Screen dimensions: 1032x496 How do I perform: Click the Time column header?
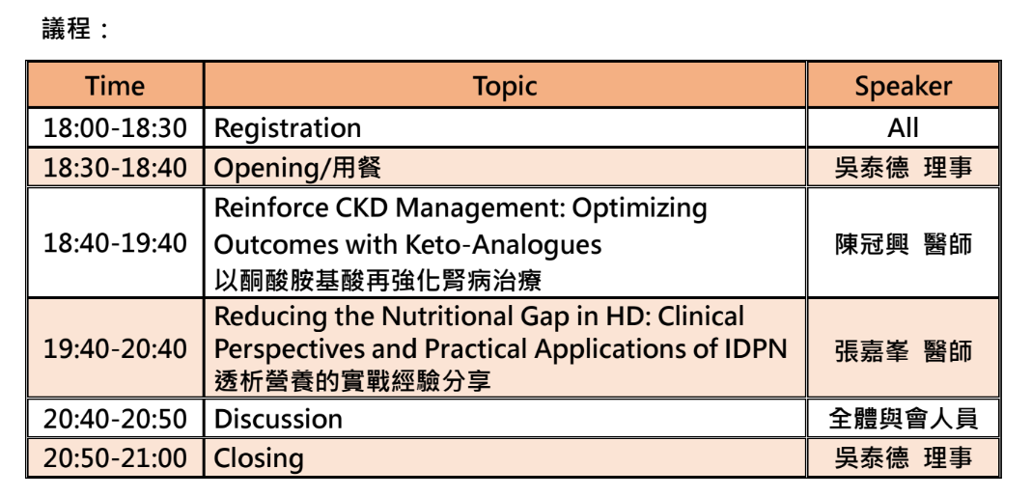click(115, 86)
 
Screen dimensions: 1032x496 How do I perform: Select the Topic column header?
click(505, 86)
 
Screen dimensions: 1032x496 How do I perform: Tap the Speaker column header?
click(903, 86)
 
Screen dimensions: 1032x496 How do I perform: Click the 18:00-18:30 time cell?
click(115, 127)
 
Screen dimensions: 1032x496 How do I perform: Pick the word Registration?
click(288, 128)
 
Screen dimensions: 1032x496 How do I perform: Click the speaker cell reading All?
click(903, 127)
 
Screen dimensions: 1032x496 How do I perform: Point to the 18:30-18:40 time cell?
click(115, 168)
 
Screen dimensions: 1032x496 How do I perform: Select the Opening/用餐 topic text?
click(297, 168)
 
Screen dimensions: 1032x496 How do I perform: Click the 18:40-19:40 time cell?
click(115, 243)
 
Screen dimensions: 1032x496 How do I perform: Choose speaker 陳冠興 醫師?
click(903, 244)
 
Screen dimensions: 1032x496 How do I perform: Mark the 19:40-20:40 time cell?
click(115, 348)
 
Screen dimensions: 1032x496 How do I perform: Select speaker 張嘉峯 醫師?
click(903, 350)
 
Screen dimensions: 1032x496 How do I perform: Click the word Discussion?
click(278, 419)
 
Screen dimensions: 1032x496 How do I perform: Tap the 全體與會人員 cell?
click(903, 419)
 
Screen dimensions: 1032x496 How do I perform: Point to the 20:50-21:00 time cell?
click(115, 457)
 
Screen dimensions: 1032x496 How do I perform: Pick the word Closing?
click(259, 458)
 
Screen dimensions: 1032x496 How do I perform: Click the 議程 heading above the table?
click(67, 29)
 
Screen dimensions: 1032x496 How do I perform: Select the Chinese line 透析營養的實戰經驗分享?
click(352, 381)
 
